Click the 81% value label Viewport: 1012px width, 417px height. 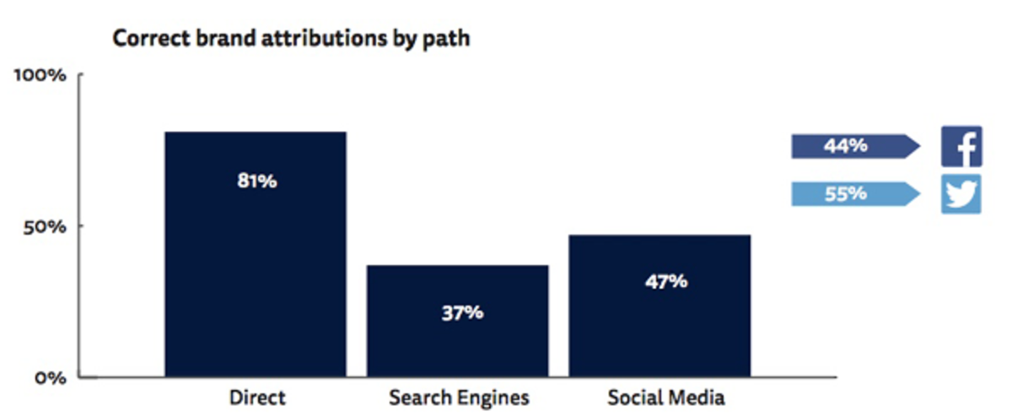pyautogui.click(x=256, y=181)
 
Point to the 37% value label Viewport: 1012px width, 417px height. pyautogui.click(x=462, y=312)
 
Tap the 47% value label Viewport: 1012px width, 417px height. pyautogui.click(x=666, y=281)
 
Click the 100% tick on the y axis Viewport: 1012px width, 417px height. pyautogui.click(x=40, y=75)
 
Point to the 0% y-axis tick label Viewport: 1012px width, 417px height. pyautogui.click(x=50, y=376)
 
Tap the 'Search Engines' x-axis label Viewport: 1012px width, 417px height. pyautogui.click(x=459, y=397)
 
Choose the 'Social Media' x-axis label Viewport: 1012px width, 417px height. pyautogui.click(x=665, y=397)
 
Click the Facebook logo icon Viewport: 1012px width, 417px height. pyautogui.click(x=961, y=147)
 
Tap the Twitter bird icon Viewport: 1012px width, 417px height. pyautogui.click(x=961, y=194)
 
